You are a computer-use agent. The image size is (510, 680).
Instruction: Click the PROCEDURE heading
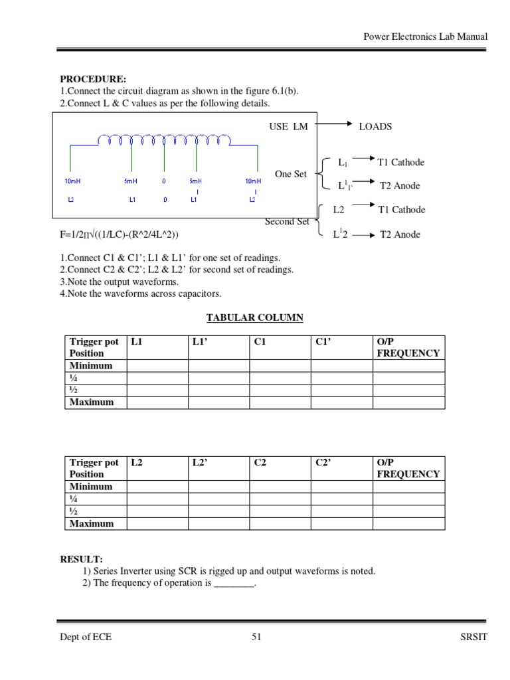[93, 79]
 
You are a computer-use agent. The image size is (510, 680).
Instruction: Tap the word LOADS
[375, 126]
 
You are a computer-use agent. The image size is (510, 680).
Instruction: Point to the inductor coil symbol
[164, 139]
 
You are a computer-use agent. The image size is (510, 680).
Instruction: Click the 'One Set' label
[291, 174]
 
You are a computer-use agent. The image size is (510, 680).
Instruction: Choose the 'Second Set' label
[287, 222]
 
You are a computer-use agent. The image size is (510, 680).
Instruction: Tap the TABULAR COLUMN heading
[254, 317]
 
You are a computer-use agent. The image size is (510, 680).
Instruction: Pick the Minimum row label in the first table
[91, 365]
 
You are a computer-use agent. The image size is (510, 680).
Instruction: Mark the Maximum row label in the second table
[92, 523]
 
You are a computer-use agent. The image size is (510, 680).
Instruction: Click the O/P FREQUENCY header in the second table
[408, 468]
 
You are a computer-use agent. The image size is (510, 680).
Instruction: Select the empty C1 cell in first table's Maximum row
[280, 402]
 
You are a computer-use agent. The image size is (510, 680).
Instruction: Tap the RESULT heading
[82, 559]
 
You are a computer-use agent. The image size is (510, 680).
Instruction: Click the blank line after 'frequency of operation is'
[234, 583]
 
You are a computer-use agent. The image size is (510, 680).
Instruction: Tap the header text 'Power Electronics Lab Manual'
[426, 37]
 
